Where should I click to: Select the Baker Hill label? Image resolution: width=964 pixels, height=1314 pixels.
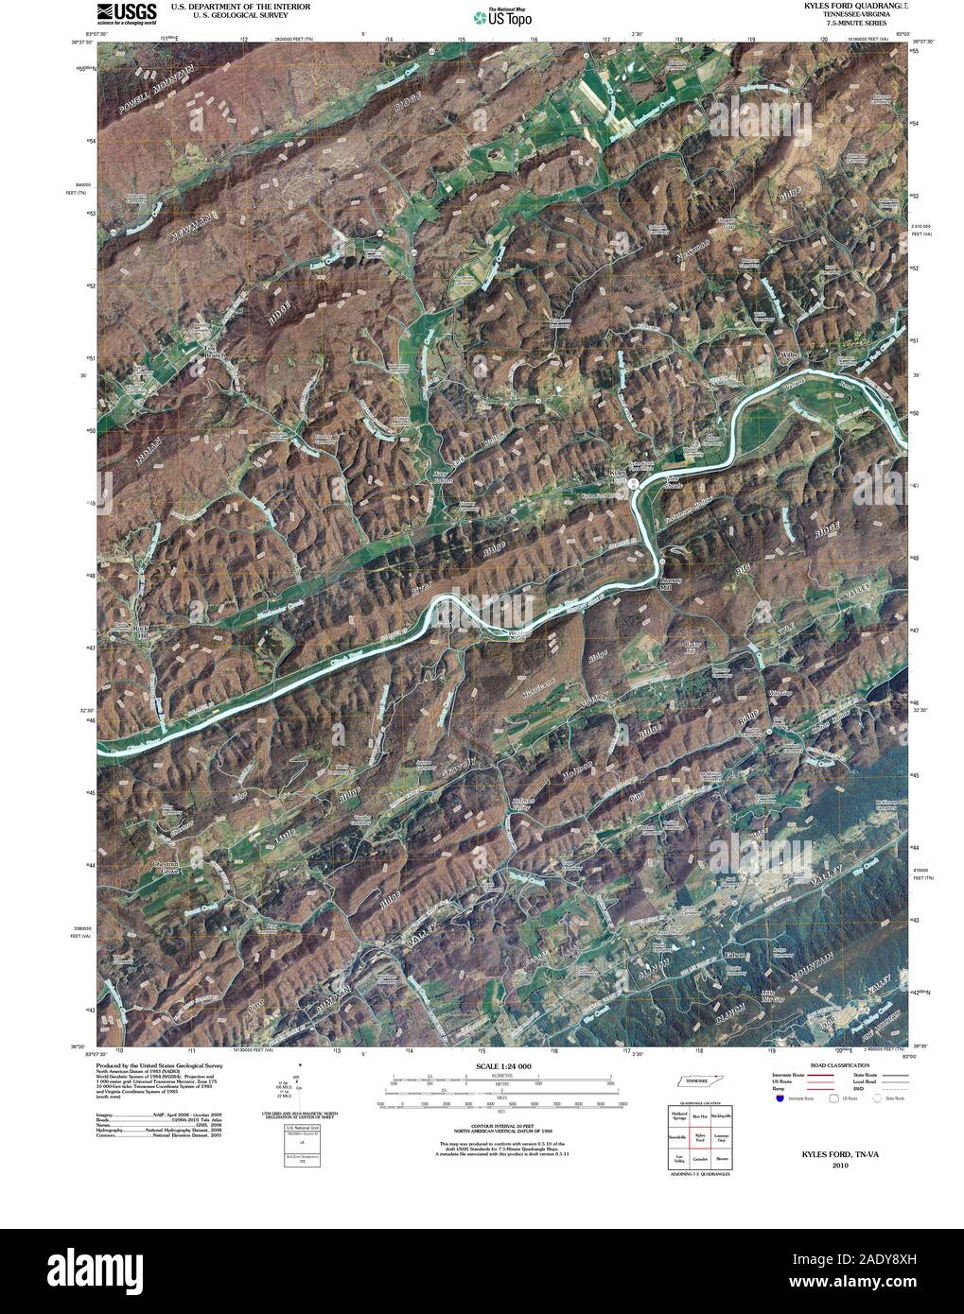[696, 649]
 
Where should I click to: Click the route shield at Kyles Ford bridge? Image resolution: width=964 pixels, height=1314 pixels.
[633, 482]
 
